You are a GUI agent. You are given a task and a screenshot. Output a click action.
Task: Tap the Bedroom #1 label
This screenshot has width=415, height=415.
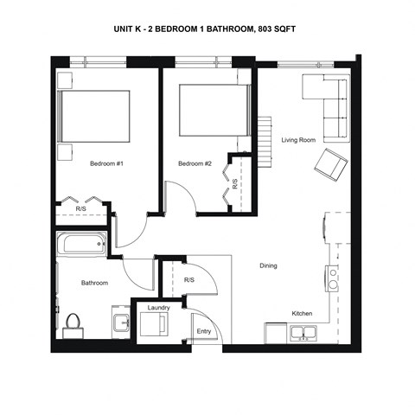[107, 163]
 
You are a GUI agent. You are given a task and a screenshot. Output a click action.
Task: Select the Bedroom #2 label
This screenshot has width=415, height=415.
[195, 163]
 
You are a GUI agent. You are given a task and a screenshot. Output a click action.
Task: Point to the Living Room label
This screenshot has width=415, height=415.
[298, 140]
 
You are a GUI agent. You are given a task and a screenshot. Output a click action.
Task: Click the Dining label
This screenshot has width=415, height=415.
[268, 265]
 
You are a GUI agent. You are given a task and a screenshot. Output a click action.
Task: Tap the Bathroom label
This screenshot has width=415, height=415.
[94, 283]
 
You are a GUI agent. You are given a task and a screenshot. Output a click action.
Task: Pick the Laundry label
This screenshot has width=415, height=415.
[158, 308]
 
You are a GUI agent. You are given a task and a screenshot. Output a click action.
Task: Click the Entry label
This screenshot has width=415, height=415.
[204, 331]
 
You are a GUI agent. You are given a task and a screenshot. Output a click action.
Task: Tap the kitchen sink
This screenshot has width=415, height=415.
[302, 333]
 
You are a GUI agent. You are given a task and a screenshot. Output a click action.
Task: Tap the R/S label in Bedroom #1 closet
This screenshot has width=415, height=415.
[80, 208]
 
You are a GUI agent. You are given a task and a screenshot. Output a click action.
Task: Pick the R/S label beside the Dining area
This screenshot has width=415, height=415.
[189, 280]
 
